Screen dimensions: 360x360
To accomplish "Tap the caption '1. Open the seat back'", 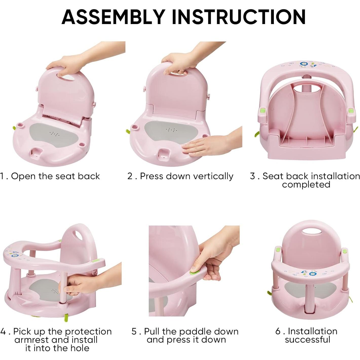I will click(x=50, y=176).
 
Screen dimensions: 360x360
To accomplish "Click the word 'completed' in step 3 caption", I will click(x=306, y=184).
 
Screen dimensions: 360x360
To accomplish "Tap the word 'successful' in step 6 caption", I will click(x=308, y=340).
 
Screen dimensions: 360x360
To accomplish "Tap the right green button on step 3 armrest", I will click(x=351, y=111).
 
